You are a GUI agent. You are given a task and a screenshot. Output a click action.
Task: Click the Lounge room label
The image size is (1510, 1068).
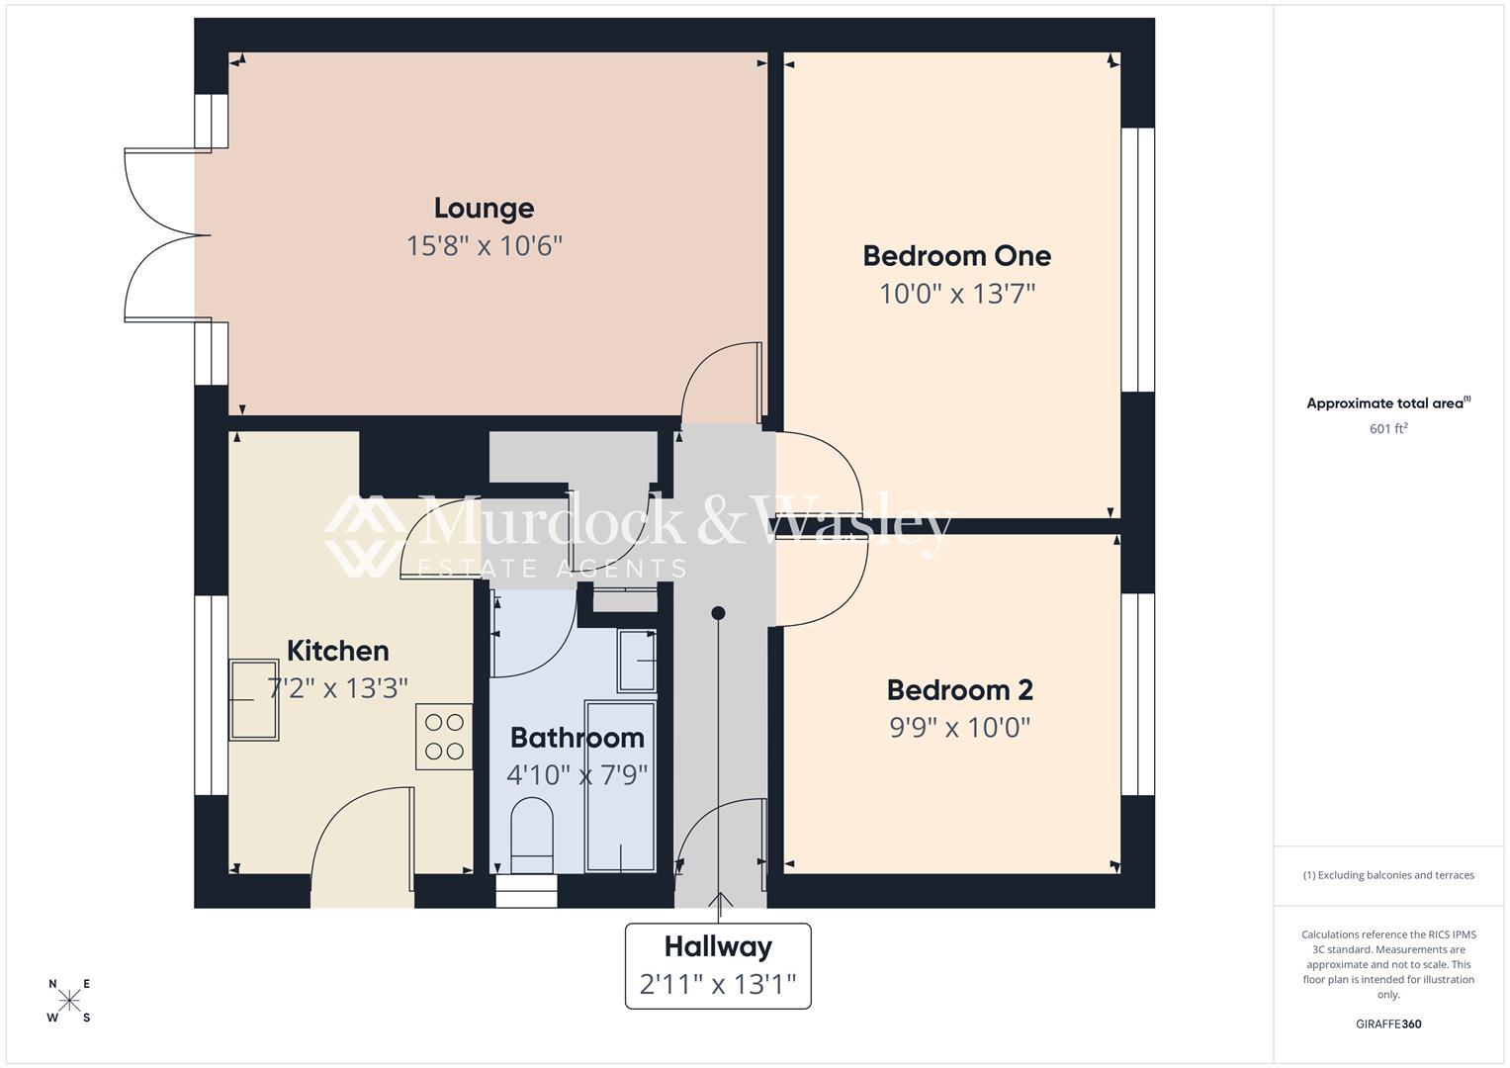[x=484, y=208]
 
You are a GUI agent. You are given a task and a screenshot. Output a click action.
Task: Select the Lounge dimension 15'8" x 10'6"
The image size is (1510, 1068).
[x=484, y=245]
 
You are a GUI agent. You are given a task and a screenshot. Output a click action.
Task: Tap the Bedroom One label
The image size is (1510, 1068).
[x=956, y=255]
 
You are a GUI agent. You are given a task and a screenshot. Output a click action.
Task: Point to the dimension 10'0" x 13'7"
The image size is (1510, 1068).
[x=956, y=294]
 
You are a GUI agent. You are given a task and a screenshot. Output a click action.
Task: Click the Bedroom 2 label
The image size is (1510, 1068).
[x=959, y=689]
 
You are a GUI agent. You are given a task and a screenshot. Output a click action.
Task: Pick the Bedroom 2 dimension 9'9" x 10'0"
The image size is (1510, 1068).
[x=959, y=728]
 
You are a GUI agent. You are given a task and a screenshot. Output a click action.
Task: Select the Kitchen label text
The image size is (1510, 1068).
[x=337, y=651]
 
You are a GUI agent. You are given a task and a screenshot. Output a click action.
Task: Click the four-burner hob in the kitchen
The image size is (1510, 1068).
[x=444, y=737]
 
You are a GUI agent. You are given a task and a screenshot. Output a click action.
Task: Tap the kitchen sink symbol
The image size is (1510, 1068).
[x=253, y=700]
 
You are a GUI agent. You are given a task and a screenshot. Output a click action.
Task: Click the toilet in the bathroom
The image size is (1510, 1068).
[x=532, y=837]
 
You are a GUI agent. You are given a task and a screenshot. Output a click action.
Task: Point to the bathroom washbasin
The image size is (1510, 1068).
[x=636, y=660]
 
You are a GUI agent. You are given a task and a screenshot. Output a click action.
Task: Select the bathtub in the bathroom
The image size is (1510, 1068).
[x=620, y=786]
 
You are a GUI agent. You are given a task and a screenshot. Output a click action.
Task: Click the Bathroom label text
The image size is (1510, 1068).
[x=577, y=738]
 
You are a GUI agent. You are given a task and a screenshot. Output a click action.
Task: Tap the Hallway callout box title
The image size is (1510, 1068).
[x=718, y=946]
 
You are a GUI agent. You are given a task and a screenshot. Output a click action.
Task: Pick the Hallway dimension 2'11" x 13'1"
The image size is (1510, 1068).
[x=718, y=985]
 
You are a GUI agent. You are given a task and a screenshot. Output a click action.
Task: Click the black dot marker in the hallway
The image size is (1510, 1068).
[x=718, y=613]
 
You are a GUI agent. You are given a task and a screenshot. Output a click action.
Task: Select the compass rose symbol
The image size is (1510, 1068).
[x=69, y=1001]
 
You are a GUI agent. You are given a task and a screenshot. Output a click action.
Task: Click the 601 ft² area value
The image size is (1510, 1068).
[x=1387, y=429]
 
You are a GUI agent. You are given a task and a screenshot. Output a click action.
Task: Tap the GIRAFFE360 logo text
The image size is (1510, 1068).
[x=1387, y=1024]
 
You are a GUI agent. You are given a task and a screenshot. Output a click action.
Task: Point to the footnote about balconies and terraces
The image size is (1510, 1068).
[x=1387, y=875]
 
